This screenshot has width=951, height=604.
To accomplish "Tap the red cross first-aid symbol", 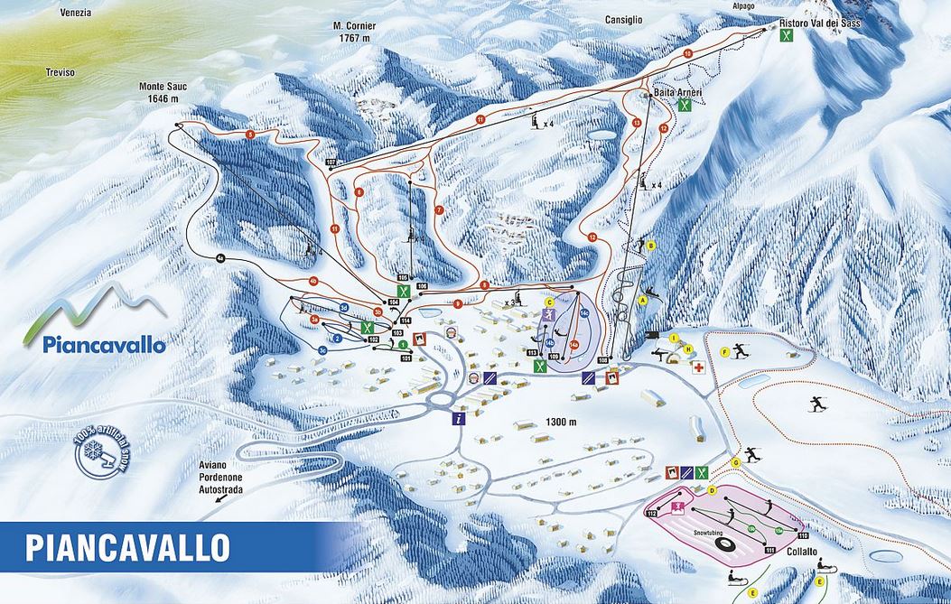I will [698, 367].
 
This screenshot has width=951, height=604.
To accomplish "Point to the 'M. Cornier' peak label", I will [353, 33].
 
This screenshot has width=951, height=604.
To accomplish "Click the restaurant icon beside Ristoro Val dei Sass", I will [788, 35].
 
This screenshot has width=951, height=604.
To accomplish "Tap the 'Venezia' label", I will [76, 13].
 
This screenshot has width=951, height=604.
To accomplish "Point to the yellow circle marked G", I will [736, 462].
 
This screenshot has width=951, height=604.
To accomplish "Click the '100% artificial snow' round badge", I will [102, 451].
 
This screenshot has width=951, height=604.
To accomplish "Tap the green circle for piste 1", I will [403, 345].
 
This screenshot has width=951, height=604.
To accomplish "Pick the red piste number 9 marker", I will [458, 304].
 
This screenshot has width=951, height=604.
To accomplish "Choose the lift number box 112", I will [651, 513].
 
